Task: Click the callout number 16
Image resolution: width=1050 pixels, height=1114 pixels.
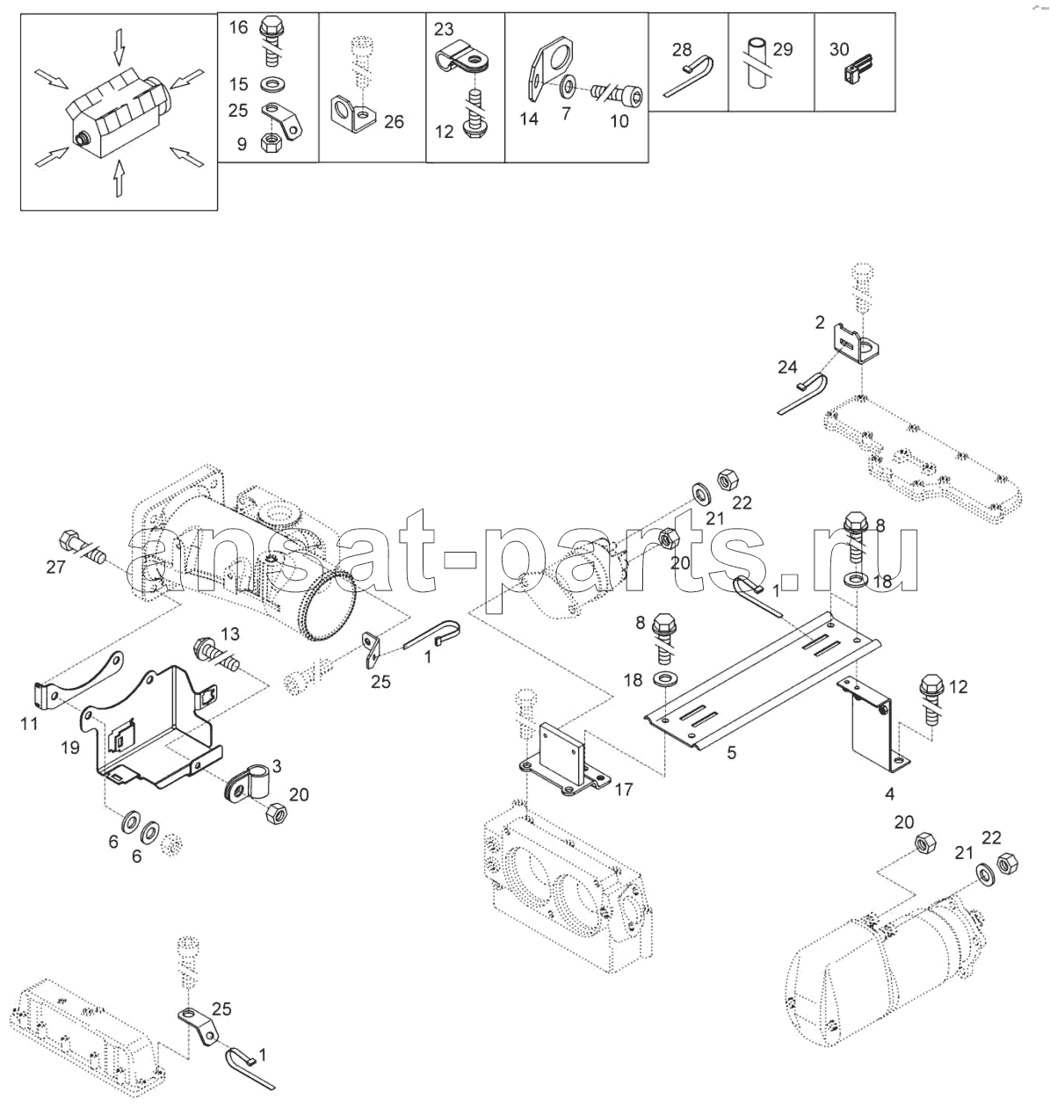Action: (238, 27)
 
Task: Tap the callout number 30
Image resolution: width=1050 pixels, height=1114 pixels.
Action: (839, 49)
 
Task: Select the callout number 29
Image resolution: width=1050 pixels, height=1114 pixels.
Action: (782, 49)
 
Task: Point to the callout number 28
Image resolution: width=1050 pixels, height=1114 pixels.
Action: (682, 50)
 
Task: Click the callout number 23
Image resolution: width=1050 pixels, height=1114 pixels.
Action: (444, 29)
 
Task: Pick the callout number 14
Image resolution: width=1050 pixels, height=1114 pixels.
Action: (529, 119)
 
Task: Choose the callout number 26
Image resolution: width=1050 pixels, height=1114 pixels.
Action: (394, 122)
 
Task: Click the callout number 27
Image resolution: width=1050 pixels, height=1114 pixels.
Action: (55, 567)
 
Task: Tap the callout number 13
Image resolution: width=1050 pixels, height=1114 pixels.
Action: (230, 633)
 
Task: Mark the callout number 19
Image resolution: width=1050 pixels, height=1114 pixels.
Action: (70, 747)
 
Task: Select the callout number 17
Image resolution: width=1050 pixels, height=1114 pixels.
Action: (624, 790)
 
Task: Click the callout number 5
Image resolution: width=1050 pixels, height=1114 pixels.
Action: (731, 753)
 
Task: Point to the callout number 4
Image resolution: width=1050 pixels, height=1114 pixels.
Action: (889, 793)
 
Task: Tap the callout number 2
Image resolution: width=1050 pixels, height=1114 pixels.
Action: (820, 322)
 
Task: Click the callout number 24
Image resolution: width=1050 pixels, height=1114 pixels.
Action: (787, 367)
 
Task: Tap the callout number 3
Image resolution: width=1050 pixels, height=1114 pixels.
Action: (277, 765)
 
